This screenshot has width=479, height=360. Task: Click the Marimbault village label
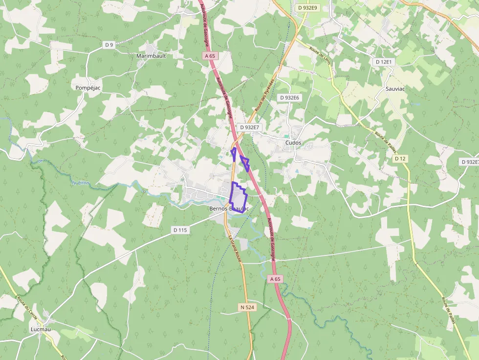(x=151, y=56)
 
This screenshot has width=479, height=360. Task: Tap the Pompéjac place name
(x=88, y=87)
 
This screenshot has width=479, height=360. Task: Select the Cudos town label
(x=293, y=143)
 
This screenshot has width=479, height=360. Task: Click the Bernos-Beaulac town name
(x=229, y=209)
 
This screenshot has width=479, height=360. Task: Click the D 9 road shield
(x=109, y=45)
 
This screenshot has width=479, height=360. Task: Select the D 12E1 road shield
(x=384, y=62)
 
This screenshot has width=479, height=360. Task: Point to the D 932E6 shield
(x=289, y=98)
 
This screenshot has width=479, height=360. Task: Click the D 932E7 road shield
(x=249, y=127)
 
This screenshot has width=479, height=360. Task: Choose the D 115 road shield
(x=180, y=230)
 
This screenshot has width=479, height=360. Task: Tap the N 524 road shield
(x=247, y=307)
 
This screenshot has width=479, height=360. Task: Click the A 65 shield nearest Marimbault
(x=210, y=56)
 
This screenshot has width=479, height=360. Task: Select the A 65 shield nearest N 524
(x=276, y=279)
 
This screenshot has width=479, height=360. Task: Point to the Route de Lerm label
(x=320, y=59)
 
